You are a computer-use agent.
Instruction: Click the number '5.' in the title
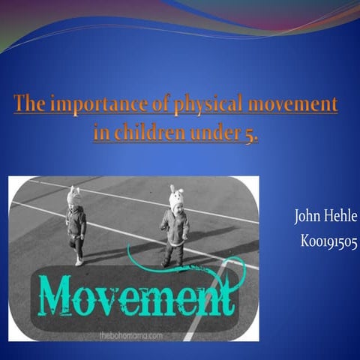pyautogui.click(x=248, y=135)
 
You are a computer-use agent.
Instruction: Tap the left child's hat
pyautogui.click(x=73, y=196)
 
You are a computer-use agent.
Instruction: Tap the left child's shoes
pyautogui.click(x=79, y=260)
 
